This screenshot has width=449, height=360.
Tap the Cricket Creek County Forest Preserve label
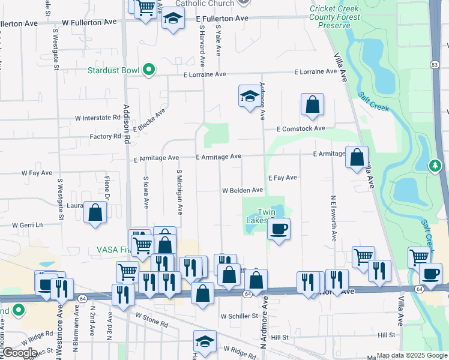click(335, 17)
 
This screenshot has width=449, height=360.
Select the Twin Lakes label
click(266, 216)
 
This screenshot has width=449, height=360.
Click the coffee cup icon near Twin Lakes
click(279, 228)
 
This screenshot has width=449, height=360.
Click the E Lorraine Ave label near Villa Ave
click(315, 72)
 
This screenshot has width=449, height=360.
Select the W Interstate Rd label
click(97, 118)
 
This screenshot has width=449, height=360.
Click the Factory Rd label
click(105, 137)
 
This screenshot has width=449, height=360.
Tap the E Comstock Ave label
click(301, 128)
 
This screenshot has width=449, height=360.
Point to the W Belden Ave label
click(243, 190)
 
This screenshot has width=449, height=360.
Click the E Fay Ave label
click(283, 178)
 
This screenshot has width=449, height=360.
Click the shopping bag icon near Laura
click(95, 212)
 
